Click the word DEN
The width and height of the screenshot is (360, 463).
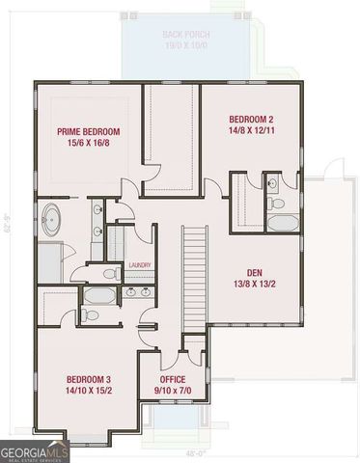pyautogui.click(x=255, y=271)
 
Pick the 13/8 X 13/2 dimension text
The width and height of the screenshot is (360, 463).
pyautogui.click(x=255, y=284)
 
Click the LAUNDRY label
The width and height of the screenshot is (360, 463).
pyautogui.click(x=139, y=265)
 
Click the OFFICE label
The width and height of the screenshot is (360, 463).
pyautogui.click(x=173, y=379)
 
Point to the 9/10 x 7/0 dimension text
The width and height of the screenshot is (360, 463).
pyautogui.click(x=173, y=392)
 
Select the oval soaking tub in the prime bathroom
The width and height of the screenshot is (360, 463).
pyautogui.click(x=49, y=219)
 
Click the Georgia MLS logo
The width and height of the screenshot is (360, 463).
pyautogui.click(x=34, y=450)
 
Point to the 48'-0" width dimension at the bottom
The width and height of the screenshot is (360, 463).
pyautogui.click(x=195, y=450)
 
